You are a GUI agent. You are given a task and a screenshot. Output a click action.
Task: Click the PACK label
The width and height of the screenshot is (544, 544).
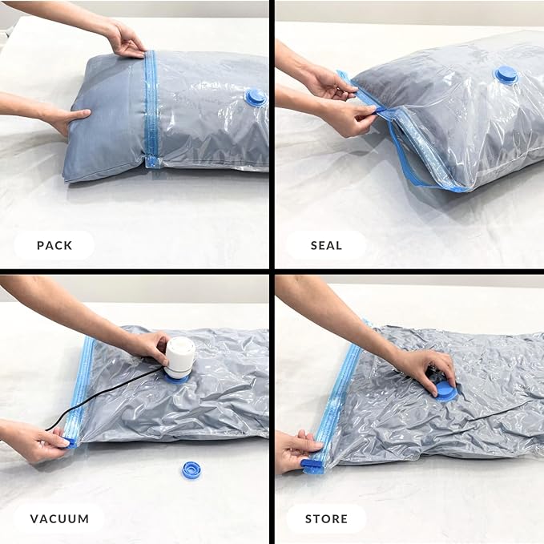point(54,245)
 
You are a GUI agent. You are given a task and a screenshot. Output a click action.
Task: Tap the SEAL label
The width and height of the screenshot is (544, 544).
point(326,245)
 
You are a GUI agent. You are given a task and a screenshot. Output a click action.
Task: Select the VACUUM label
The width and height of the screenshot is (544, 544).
point(59,518)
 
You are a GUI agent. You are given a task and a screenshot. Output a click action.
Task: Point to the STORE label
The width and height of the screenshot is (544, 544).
point(326,518)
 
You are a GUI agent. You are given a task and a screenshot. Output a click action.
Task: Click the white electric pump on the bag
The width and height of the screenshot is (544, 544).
point(180,357)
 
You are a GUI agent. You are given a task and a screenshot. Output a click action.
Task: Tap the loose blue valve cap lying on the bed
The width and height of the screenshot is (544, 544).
point(191,469)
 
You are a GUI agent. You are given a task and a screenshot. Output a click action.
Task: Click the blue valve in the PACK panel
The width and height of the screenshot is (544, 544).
point(255,97)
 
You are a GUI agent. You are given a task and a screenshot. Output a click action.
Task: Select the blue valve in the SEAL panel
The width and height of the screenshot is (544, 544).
point(506,75)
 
